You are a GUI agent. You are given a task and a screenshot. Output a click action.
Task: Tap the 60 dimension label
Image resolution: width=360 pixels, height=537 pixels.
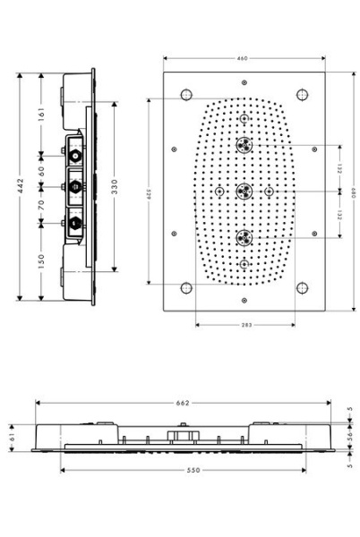click(x=41, y=169)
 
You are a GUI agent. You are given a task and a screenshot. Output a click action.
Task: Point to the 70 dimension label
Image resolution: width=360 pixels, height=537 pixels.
click(x=41, y=203)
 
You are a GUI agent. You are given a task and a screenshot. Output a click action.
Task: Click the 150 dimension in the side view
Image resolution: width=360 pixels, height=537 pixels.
click(x=41, y=260)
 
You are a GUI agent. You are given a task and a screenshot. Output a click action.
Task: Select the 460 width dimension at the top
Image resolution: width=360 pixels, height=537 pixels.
click(x=243, y=58)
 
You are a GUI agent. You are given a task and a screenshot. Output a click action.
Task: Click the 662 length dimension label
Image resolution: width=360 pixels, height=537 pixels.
click(x=183, y=404)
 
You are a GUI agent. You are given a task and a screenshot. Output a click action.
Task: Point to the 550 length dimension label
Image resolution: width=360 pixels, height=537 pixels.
click(x=183, y=470)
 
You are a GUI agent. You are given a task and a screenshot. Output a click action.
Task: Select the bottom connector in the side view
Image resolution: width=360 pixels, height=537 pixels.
click(x=74, y=220)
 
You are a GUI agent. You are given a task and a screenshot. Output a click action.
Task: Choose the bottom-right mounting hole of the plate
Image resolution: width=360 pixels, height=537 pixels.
click(x=302, y=288)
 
